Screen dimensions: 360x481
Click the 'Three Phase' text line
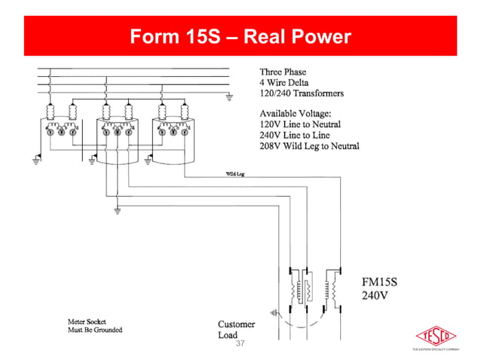pos(283,72)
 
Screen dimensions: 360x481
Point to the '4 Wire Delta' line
pos(283,83)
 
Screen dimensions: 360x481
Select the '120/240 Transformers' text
pos(302,93)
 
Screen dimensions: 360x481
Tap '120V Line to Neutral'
pos(300,124)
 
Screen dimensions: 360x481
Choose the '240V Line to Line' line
pos(294,135)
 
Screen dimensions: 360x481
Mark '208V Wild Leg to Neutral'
pos(309,145)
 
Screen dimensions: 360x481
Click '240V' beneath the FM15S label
pos(375,295)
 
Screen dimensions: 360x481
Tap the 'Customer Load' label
pos(236,330)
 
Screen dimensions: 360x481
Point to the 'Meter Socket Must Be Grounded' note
pos(94,325)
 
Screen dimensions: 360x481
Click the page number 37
pos(241,343)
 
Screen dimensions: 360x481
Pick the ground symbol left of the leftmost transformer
pos(36,161)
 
